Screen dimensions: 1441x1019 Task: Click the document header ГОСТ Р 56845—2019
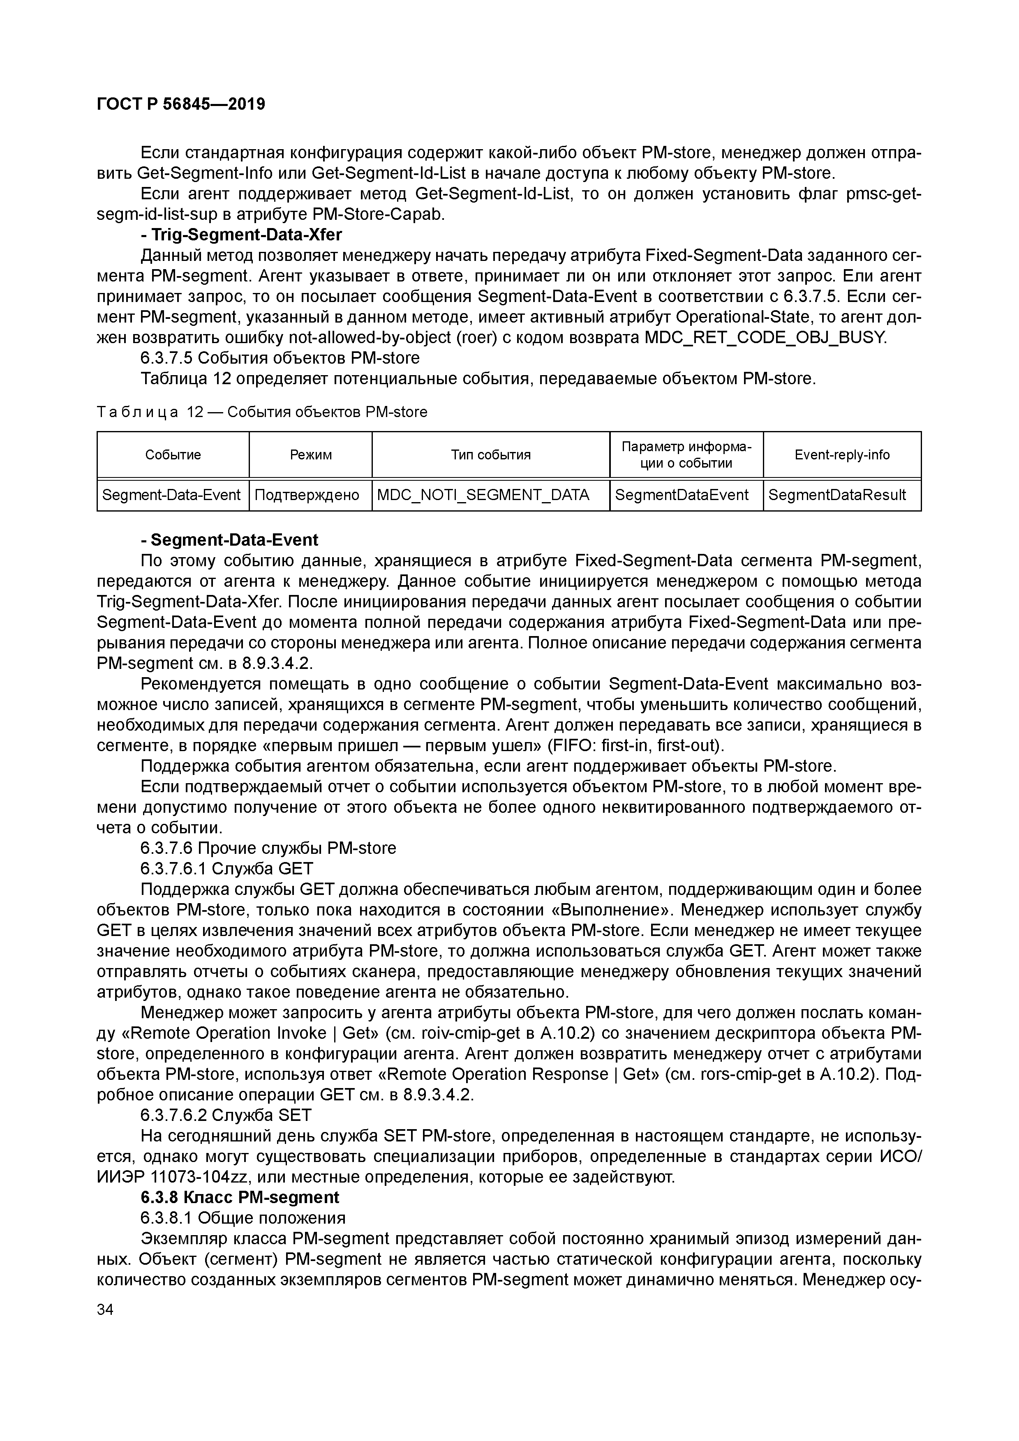(x=181, y=104)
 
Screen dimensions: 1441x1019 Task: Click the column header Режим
(x=310, y=455)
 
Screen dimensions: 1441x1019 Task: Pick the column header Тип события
(x=490, y=455)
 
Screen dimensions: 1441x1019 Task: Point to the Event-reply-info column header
(x=841, y=455)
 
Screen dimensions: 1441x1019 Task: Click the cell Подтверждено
(x=307, y=495)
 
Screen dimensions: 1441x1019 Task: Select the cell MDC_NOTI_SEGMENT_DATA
(x=483, y=495)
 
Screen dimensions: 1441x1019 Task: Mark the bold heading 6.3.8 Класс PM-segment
(x=239, y=1197)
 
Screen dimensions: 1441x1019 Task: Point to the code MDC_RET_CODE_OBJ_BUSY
(x=766, y=338)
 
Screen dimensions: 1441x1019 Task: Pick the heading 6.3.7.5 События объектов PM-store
(x=280, y=358)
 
